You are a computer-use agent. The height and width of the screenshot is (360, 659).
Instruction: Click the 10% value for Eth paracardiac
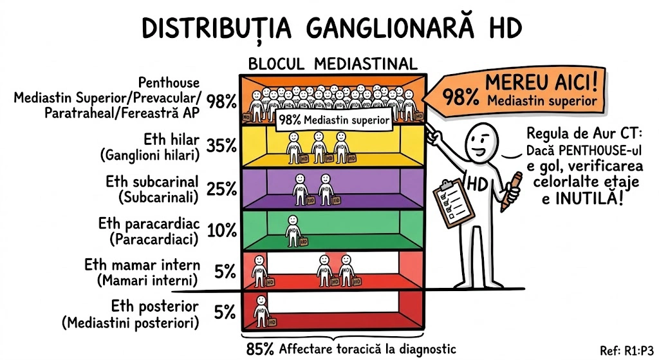[222, 230]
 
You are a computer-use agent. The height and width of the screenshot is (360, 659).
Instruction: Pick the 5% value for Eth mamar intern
[225, 272]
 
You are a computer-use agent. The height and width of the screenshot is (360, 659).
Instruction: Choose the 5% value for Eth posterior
[225, 313]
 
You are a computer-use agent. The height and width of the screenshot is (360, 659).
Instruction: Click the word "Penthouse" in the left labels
[169, 83]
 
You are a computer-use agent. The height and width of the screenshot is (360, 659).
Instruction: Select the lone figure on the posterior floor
[260, 310]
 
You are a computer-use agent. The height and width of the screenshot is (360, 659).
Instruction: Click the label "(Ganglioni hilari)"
[152, 155]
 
